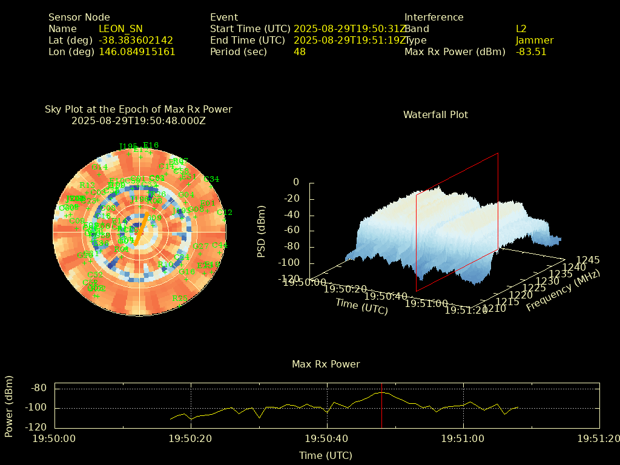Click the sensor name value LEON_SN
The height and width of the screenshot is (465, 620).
point(120,28)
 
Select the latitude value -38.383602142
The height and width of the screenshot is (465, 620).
point(136,40)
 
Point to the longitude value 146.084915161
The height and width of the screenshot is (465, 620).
point(137,51)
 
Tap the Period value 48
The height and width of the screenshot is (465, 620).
point(300,51)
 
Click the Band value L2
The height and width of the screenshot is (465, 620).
point(521,28)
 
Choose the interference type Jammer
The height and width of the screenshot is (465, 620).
point(535,40)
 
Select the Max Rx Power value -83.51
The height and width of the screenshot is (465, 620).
point(531,51)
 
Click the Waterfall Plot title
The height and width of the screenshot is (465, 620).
point(435,114)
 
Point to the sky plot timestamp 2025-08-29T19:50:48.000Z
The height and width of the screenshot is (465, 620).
point(139,120)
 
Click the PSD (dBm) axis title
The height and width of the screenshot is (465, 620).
point(262,230)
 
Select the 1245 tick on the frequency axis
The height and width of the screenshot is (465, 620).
point(588,260)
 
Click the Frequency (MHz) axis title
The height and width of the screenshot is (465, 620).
point(563,291)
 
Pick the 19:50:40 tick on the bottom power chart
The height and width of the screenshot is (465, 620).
point(328,438)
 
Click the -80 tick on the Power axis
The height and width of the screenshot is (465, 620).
point(39,388)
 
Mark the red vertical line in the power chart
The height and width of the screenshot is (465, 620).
point(382,406)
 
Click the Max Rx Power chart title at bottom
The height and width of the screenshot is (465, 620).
point(326,364)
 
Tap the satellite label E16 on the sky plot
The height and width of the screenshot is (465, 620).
point(151,145)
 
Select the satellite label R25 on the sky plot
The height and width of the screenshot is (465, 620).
point(180,298)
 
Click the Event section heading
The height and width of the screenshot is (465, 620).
point(224,17)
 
